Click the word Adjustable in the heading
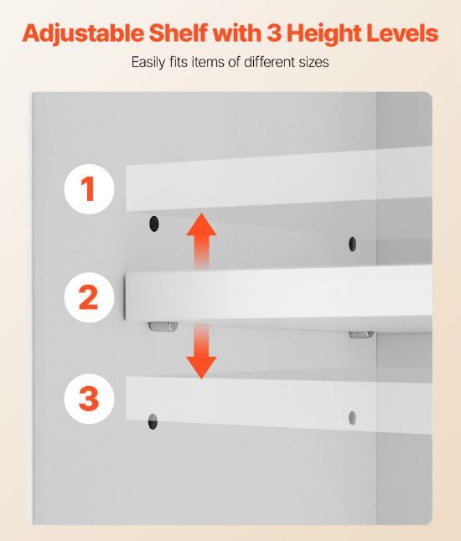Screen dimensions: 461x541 pos(83,34)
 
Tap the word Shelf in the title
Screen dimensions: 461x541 pos(179,33)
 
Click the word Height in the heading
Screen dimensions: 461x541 pos(324,34)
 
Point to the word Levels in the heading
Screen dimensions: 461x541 pos(402,33)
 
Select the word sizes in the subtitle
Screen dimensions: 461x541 pos(313,63)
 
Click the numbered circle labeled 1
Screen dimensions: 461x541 pos(89,189)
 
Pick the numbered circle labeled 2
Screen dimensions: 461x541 pos(89,297)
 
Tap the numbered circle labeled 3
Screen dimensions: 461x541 pos(89,399)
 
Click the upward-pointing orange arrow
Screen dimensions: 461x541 pos(202,240)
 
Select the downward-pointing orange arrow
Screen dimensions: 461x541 pos(202,351)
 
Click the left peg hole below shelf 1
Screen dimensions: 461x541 pos(153,224)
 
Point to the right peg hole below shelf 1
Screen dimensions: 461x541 pos(352,244)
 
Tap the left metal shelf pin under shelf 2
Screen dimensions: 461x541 pos(163,327)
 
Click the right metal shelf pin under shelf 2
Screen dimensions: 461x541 pos(361,334)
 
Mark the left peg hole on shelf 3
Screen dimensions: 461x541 pos(153,421)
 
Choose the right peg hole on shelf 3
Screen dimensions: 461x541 pos(352,418)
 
